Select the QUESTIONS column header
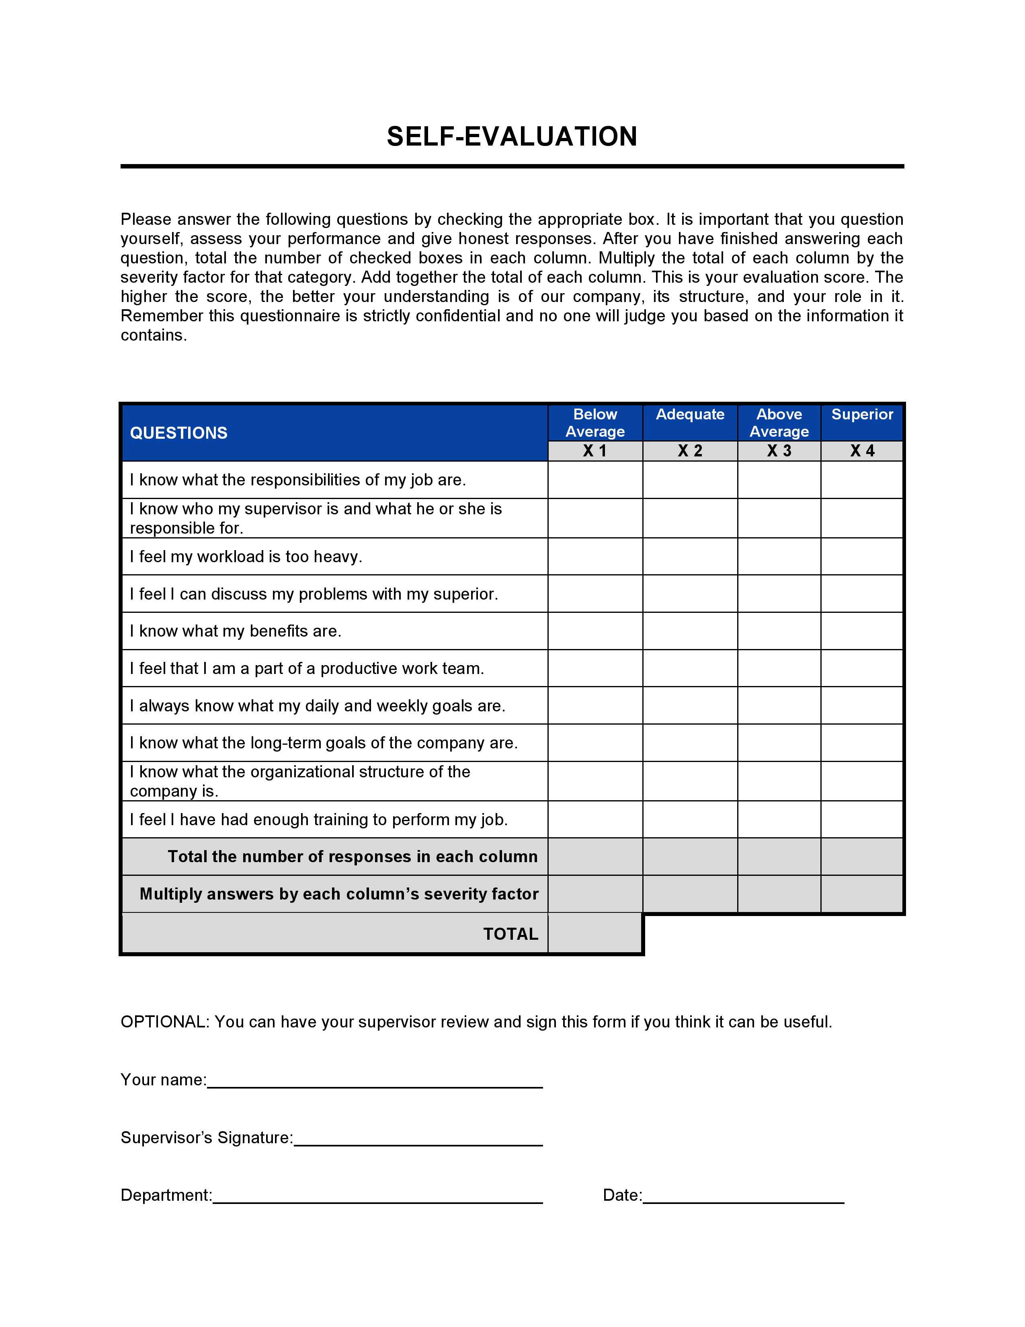point(178,433)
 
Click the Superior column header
point(862,414)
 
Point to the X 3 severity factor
point(779,451)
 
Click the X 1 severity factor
point(595,451)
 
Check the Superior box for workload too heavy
point(862,557)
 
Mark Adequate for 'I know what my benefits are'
point(690,631)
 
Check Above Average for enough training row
point(779,819)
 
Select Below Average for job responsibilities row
point(595,480)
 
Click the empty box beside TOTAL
point(595,933)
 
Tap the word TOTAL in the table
point(510,934)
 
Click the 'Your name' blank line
point(375,1082)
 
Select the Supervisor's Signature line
point(418,1140)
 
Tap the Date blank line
point(743,1198)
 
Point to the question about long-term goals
point(324,743)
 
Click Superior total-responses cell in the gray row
point(862,857)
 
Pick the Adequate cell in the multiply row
point(690,894)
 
